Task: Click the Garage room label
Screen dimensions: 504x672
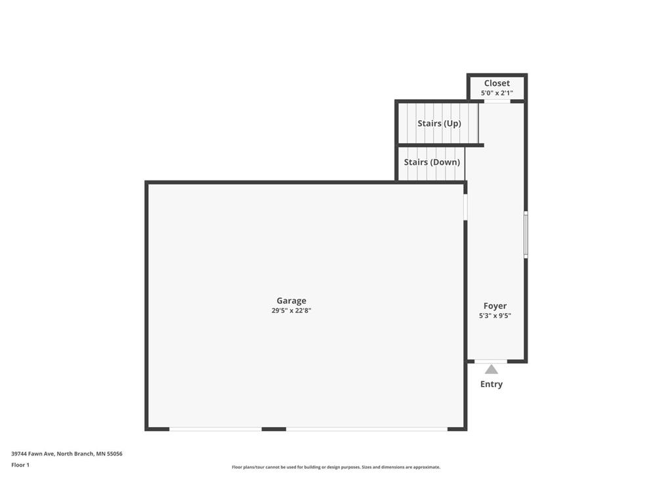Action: point(291,301)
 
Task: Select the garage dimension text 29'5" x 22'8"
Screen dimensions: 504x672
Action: point(291,311)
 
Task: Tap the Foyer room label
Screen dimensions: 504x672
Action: point(495,306)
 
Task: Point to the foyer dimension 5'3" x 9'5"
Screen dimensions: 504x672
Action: point(495,316)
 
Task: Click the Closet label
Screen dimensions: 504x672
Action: point(497,83)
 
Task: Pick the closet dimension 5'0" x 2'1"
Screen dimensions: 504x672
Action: point(497,93)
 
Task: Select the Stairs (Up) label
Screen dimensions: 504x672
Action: point(439,123)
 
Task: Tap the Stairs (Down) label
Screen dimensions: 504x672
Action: point(432,162)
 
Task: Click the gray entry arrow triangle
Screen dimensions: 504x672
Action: point(492,369)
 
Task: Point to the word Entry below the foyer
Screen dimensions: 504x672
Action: point(492,385)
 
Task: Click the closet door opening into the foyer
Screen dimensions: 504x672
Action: point(497,101)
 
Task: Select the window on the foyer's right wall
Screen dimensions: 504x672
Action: point(526,234)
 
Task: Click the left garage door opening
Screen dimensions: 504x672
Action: point(215,429)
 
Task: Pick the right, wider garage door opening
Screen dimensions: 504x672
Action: point(367,429)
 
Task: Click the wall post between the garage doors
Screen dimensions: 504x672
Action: point(274,429)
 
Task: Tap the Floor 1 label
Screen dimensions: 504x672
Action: point(20,465)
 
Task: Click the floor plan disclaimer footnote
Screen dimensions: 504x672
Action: point(336,467)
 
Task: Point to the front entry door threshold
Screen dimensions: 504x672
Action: point(491,361)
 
